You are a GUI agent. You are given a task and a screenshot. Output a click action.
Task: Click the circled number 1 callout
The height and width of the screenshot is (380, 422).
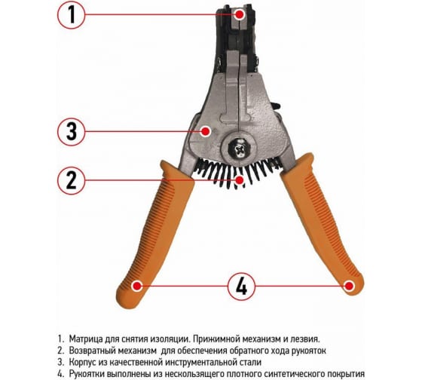[72, 14]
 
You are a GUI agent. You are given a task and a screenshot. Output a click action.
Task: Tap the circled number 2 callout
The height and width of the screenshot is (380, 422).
[72, 180]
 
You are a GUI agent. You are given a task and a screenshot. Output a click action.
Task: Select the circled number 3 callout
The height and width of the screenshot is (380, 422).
[72, 132]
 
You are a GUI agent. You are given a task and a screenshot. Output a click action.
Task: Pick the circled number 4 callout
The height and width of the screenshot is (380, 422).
[241, 287]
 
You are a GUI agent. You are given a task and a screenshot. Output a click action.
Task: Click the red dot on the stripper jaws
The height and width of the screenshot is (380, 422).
[239, 15]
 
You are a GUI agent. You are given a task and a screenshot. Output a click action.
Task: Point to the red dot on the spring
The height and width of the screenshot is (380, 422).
[240, 179]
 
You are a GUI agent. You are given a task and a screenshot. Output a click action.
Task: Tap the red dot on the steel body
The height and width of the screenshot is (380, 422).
[206, 132]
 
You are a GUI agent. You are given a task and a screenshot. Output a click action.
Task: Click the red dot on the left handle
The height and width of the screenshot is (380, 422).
[137, 286]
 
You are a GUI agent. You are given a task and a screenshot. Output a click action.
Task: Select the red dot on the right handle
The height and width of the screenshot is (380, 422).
[349, 286]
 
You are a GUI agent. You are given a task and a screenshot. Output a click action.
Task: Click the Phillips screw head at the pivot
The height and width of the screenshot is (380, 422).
[238, 149]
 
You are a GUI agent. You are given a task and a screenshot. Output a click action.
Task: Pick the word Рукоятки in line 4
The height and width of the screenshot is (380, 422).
[87, 374]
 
